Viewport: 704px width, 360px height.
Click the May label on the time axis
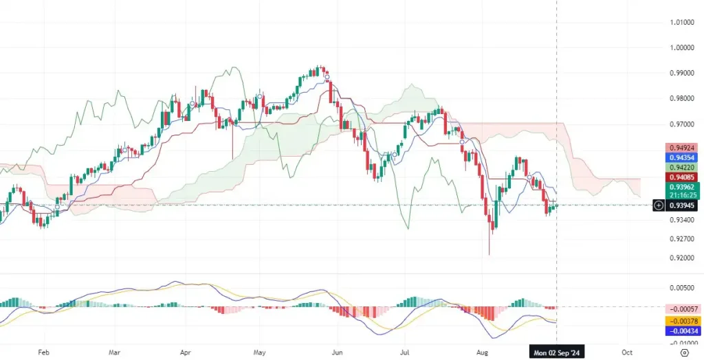(259, 351)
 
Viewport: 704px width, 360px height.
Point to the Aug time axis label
(483, 351)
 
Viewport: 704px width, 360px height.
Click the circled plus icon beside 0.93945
(658, 205)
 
